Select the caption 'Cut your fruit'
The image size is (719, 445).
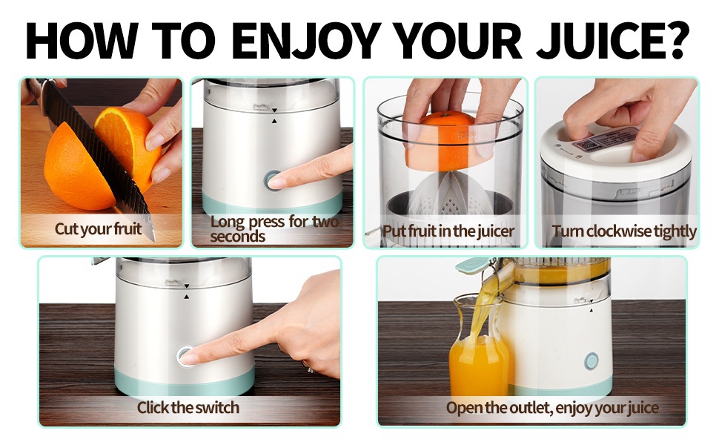tap(98, 229)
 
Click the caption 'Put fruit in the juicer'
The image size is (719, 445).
tap(448, 231)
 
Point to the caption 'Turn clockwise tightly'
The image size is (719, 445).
tap(623, 231)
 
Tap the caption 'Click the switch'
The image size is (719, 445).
tap(188, 407)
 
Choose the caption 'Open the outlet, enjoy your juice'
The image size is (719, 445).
tap(552, 408)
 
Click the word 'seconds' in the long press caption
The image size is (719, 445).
tap(237, 237)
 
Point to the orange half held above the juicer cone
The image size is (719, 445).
tap(448, 141)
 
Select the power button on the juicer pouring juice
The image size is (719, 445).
tap(592, 361)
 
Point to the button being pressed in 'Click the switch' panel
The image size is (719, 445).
tap(185, 356)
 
